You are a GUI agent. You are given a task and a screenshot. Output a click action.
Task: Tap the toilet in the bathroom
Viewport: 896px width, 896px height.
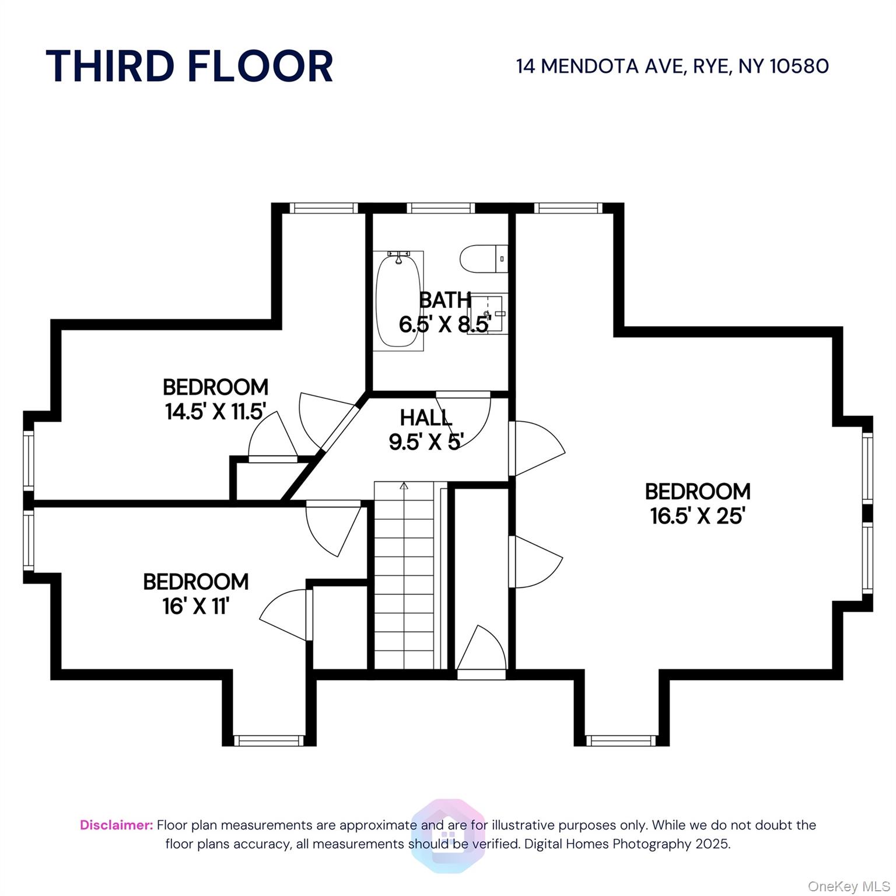coord(484,258)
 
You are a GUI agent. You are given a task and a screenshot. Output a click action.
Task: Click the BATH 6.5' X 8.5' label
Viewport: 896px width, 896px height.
coord(445,312)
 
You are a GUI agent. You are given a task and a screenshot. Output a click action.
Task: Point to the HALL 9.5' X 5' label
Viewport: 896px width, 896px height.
coord(426,430)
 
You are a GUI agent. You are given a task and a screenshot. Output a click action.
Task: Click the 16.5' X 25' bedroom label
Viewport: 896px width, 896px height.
coord(698,503)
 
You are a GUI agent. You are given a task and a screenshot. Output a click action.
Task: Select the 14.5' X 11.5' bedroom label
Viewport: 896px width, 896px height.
coord(215,399)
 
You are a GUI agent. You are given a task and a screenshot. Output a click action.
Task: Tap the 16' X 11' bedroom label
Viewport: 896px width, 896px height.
coord(196,594)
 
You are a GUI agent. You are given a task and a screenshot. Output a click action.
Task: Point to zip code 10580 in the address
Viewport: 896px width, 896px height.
coord(799,66)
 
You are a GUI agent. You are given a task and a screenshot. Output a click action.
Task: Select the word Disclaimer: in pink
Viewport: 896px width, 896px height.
coord(117,825)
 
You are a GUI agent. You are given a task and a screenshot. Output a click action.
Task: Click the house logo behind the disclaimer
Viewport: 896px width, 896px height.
coord(448,835)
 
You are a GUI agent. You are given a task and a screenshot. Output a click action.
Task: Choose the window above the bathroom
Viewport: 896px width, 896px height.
coord(441,208)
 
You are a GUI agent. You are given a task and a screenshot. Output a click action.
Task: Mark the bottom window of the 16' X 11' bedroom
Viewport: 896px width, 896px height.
coord(269,740)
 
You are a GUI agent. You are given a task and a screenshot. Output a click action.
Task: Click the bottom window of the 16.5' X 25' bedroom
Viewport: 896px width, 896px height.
coord(621,740)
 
